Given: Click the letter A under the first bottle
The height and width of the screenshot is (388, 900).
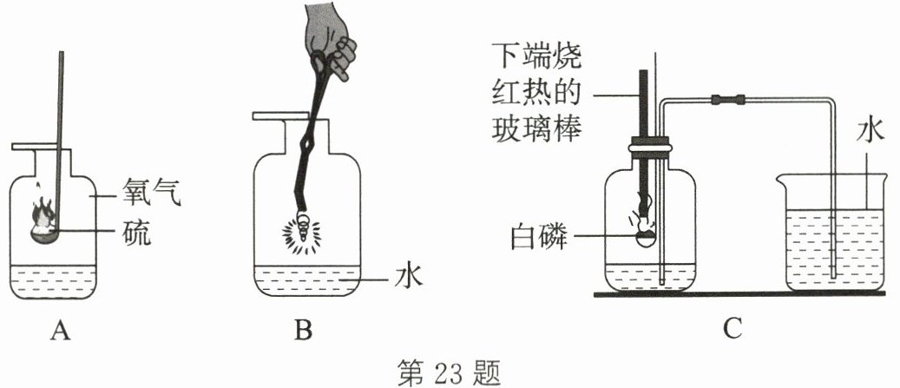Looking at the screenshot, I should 59,331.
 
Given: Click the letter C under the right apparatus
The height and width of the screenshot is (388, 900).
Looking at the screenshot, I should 731,329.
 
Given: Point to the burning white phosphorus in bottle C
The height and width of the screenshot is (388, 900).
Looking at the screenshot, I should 644,227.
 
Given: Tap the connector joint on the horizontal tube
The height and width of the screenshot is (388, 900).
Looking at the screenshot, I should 728,99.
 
